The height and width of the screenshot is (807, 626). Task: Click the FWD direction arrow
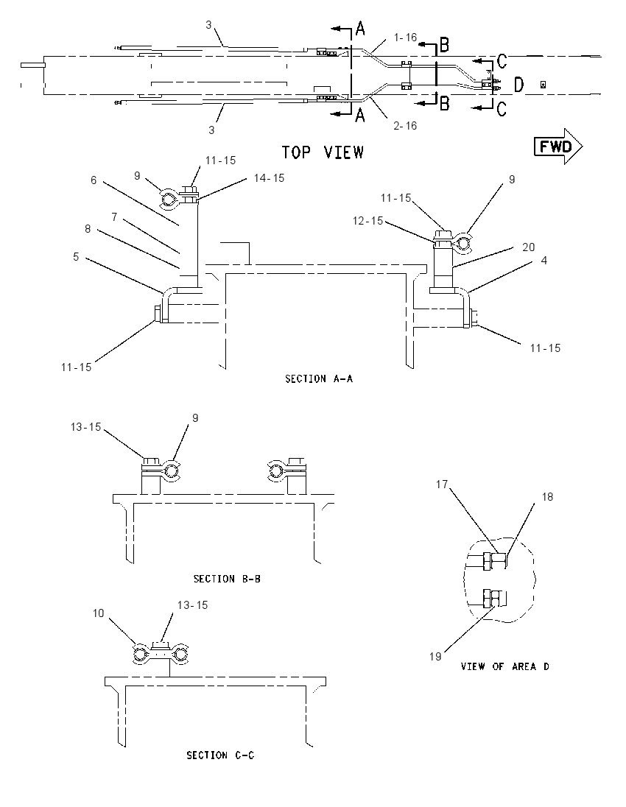pyautogui.click(x=558, y=147)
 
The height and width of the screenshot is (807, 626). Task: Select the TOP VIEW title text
pyautogui.click(x=323, y=152)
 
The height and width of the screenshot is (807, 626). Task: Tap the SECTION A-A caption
pyautogui.click(x=319, y=378)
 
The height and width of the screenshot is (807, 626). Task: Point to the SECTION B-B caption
pyautogui.click(x=227, y=579)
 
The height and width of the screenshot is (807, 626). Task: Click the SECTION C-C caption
pyautogui.click(x=220, y=755)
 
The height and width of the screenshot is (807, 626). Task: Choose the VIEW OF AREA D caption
pyautogui.click(x=505, y=666)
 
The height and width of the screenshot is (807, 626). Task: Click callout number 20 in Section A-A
pyautogui.click(x=529, y=247)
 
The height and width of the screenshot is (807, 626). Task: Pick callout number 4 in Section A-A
pyautogui.click(x=544, y=261)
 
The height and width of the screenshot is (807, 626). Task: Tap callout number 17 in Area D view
pyautogui.click(x=442, y=484)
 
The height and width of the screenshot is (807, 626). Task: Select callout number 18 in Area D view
pyautogui.click(x=547, y=497)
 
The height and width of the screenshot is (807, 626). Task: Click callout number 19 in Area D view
pyautogui.click(x=435, y=656)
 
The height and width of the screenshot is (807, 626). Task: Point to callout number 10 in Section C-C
pyautogui.click(x=99, y=613)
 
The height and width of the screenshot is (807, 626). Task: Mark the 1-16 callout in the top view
pyautogui.click(x=405, y=37)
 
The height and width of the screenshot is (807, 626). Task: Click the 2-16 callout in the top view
pyautogui.click(x=405, y=126)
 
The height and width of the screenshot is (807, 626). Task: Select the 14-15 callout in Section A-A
pyautogui.click(x=270, y=177)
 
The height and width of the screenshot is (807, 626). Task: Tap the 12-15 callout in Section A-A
pyautogui.click(x=368, y=220)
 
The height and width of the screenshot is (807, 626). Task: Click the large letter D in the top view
pyautogui.click(x=519, y=85)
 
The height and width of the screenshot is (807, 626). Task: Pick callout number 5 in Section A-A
pyautogui.click(x=76, y=256)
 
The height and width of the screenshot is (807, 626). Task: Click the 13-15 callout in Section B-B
pyautogui.click(x=86, y=427)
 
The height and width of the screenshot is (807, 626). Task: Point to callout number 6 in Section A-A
pyautogui.click(x=94, y=180)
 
